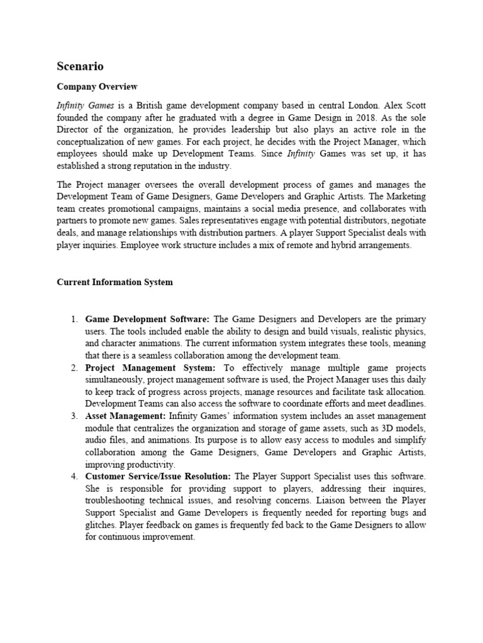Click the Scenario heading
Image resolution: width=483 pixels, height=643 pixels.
80,66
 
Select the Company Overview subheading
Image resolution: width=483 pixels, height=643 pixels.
97,87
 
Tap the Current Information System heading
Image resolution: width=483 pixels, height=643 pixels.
114,282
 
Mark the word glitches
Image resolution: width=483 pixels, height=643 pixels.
100,524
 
